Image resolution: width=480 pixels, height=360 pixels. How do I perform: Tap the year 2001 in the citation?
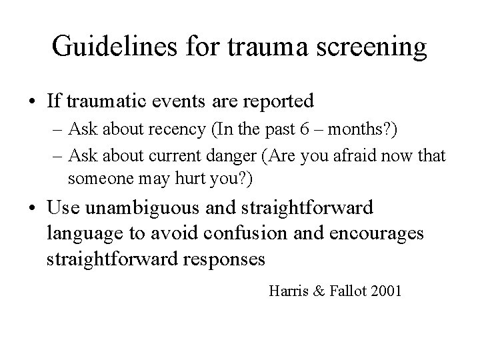pos(386,291)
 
